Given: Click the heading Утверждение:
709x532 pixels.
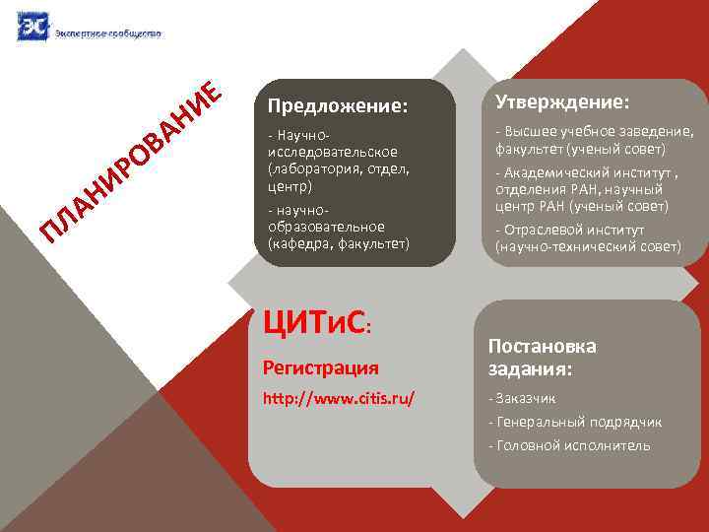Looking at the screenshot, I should click(562, 102).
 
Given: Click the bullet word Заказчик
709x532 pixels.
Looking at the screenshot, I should click(526, 399).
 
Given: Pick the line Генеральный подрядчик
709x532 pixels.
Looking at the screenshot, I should click(578, 422).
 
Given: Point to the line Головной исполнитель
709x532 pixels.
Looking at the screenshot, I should click(572, 445).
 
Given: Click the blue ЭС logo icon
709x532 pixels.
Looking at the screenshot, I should click(32, 26).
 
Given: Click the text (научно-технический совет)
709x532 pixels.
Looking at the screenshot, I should click(587, 246).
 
